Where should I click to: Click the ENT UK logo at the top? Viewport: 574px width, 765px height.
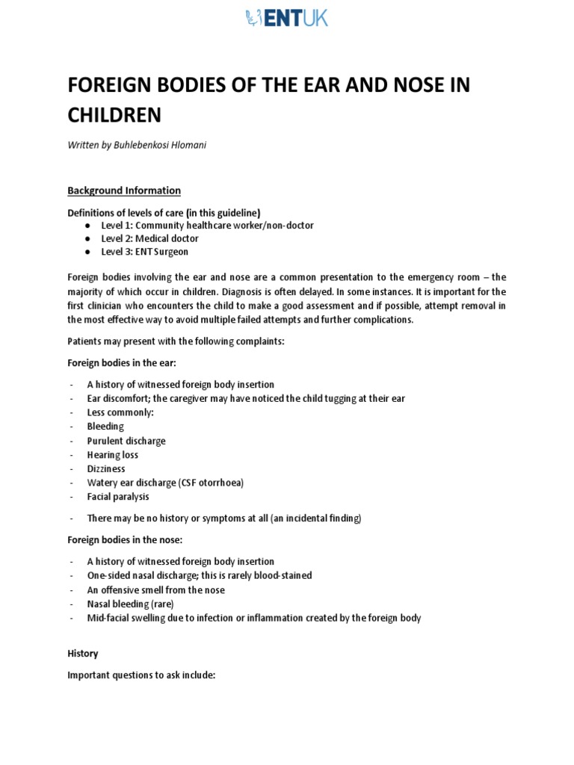coord(286,18)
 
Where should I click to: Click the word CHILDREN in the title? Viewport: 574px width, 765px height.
coord(114,115)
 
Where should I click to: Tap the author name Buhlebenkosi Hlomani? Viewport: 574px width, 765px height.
coord(159,146)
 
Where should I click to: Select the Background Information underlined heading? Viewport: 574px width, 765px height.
coord(124,191)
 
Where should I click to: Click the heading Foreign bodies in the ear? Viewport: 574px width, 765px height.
coord(122,363)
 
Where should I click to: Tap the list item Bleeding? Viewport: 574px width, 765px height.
coord(105,427)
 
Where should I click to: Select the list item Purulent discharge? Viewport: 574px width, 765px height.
coord(126,441)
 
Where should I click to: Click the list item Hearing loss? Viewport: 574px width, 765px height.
coord(113,455)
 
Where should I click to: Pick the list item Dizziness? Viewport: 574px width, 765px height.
coord(106,469)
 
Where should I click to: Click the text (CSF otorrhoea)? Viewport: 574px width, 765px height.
coord(212,483)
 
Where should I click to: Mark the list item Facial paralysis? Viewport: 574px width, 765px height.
coord(118,497)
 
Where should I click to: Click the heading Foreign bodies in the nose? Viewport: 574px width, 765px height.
coord(125,539)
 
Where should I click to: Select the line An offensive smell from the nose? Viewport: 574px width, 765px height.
coord(155,589)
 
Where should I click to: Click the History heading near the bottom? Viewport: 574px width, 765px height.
coord(83,654)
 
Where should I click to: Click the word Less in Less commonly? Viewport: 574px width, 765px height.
coord(96,412)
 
